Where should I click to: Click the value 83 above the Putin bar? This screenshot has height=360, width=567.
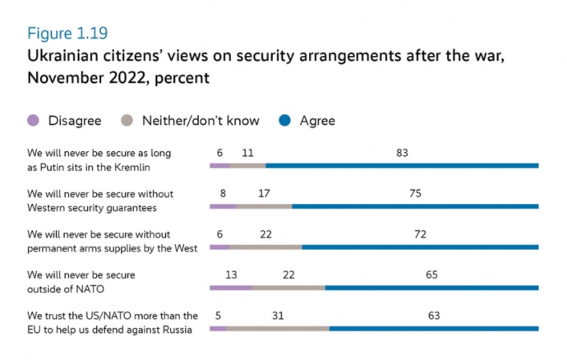click(x=401, y=152)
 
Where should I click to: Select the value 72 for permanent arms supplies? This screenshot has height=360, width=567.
click(x=420, y=234)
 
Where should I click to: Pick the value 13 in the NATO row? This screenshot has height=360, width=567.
click(x=231, y=275)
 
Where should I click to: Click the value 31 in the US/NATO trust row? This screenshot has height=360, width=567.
click(x=278, y=316)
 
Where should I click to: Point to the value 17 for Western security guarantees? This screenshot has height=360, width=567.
click(x=264, y=193)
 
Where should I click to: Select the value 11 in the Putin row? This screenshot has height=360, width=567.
click(x=247, y=152)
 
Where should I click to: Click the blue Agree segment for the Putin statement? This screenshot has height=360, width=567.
click(x=402, y=165)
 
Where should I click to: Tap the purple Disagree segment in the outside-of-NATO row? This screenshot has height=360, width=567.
click(x=231, y=288)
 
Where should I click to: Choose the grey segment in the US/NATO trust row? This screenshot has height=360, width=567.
click(x=278, y=329)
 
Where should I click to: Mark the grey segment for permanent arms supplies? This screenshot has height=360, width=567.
click(x=266, y=247)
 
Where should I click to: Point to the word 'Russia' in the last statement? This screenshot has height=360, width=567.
click(x=175, y=330)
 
